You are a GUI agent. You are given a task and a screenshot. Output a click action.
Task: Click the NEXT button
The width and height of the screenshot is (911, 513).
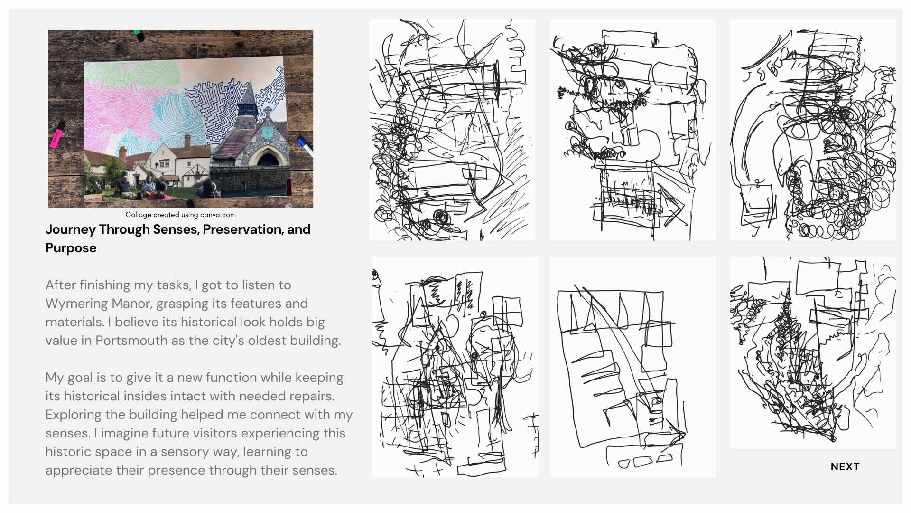coord(845,466)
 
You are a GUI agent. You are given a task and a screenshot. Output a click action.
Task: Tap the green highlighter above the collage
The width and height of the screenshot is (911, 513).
coord(139,34)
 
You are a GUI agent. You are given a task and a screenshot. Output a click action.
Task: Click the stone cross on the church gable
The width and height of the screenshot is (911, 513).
coord(268,111)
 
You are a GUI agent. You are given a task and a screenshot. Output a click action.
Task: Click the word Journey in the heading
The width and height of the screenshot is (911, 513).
coord(71,229)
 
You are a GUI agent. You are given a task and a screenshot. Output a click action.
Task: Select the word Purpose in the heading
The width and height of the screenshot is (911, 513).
coord(71,248)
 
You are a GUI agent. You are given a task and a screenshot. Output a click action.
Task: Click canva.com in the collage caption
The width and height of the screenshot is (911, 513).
coord(218,215)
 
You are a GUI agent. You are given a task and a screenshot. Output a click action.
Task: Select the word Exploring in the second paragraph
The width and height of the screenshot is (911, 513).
coord(74,415)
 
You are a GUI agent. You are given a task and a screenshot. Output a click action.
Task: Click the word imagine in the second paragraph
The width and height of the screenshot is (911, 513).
coord(127,433)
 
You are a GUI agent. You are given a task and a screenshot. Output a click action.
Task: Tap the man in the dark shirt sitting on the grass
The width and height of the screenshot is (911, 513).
coord(123,187)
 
